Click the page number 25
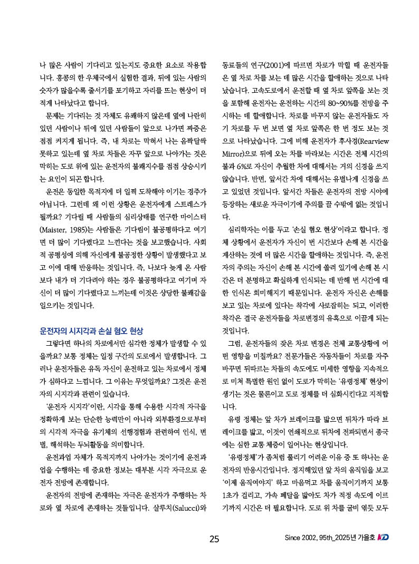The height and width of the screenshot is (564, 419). [x=214, y=539]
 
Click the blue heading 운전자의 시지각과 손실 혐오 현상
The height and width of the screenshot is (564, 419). [x=91, y=331]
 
